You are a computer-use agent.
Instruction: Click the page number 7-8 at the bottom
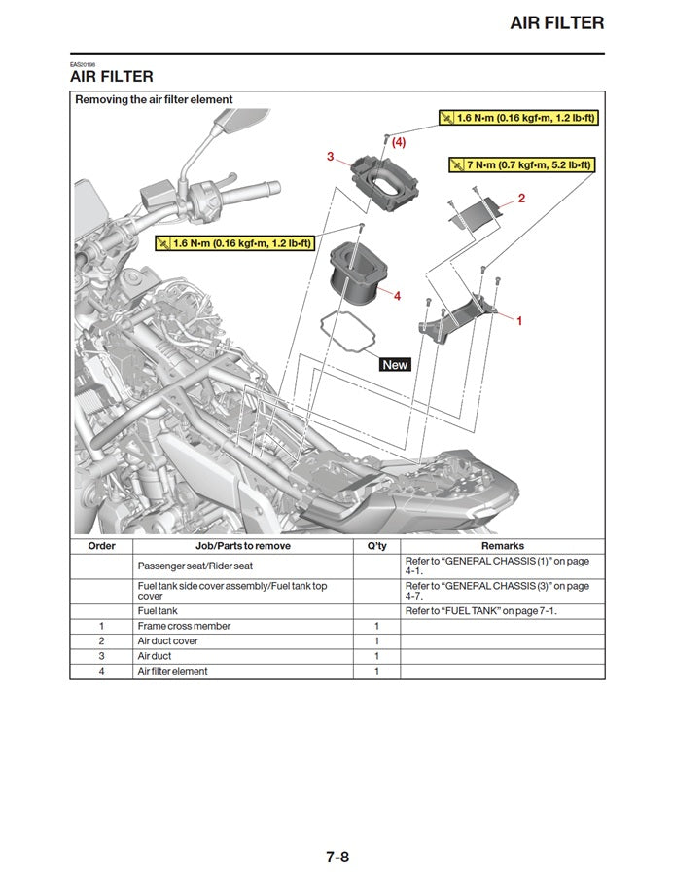pos(336,830)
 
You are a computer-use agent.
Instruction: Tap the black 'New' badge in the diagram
pos(395,364)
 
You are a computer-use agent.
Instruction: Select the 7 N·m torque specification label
pos(520,164)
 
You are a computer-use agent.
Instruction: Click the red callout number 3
pos(331,156)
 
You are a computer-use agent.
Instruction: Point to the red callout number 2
pos(521,199)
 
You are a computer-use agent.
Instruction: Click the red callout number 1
pos(518,319)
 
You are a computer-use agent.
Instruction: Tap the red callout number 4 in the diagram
pos(397,295)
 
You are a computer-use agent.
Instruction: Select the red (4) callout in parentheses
pos(399,142)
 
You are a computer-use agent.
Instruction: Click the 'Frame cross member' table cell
pos(184,626)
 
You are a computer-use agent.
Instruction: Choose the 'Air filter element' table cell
pos(172,671)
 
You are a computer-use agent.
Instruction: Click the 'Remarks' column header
pos(502,546)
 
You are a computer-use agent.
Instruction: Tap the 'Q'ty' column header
pos(376,546)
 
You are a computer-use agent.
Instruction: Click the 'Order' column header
pos(101,546)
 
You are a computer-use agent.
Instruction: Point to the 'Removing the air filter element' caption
pos(154,99)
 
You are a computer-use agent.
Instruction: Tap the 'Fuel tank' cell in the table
pos(158,610)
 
